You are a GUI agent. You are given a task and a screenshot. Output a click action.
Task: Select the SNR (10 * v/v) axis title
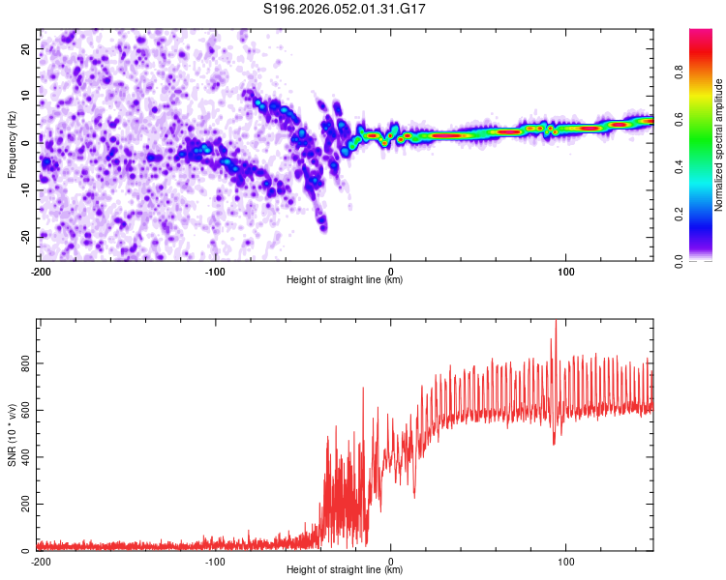point(12,436)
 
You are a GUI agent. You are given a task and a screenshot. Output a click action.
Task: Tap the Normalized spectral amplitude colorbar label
point(719,145)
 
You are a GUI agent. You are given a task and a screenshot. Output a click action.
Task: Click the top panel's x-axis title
point(345,279)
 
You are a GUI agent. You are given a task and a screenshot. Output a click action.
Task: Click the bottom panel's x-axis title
point(345,570)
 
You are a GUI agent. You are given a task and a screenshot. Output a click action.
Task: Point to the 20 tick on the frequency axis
point(27,48)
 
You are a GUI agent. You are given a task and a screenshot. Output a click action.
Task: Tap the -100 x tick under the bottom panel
point(215,561)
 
